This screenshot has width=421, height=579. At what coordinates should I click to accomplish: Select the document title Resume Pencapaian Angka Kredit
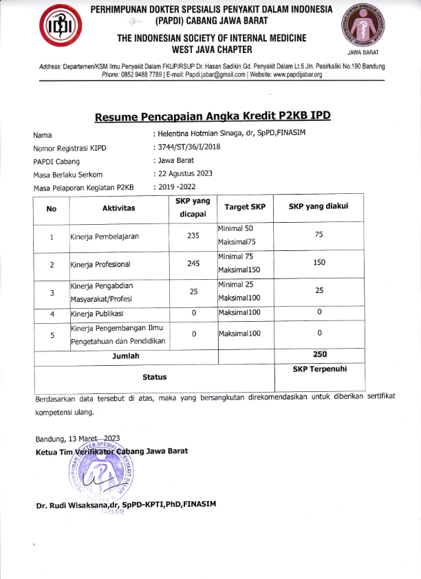pyautogui.click(x=213, y=115)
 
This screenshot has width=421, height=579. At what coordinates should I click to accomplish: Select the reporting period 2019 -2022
pyautogui.click(x=177, y=187)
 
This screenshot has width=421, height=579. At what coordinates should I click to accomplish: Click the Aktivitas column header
pyautogui.click(x=118, y=208)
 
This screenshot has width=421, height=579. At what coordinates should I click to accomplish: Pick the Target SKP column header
pyautogui.click(x=245, y=207)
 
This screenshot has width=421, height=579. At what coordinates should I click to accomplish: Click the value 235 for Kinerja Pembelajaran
pyautogui.click(x=193, y=236)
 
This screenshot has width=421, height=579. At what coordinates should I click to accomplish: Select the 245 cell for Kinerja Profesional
pyautogui.click(x=193, y=263)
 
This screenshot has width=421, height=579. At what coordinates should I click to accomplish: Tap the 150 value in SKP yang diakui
pyautogui.click(x=319, y=263)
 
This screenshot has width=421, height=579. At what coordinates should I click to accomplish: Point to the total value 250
pyautogui.click(x=319, y=355)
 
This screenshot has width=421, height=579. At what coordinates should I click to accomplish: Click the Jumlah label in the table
pyautogui.click(x=126, y=356)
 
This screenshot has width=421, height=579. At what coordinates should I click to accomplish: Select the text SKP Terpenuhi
pyautogui.click(x=319, y=369)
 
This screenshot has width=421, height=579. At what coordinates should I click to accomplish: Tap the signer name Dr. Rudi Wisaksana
pyautogui.click(x=127, y=503)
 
